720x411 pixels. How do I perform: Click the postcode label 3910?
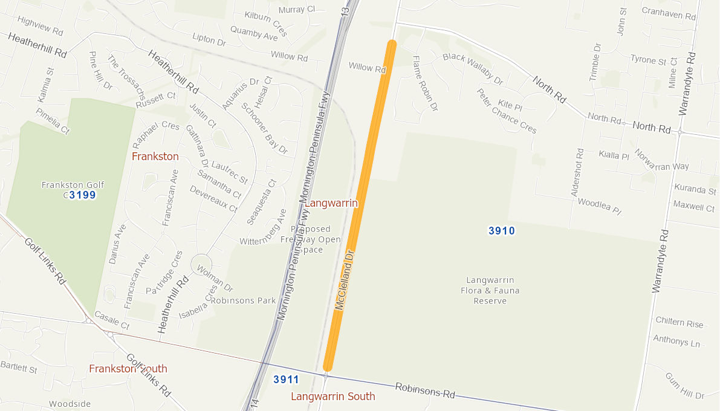pyautogui.click(x=501, y=230)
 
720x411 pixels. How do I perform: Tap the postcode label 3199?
pyautogui.click(x=82, y=195)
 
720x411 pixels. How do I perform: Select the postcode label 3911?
pyautogui.click(x=286, y=380)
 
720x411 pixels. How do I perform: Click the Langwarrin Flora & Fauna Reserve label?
pyautogui.click(x=490, y=290)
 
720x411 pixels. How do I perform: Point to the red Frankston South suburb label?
pyautogui.click(x=128, y=369)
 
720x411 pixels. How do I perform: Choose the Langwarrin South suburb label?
pyautogui.click(x=332, y=396)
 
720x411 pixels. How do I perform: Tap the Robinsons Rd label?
pyautogui.click(x=424, y=390)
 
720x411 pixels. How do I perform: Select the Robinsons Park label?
pyautogui.click(x=244, y=300)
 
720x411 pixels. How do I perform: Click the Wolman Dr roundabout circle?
pyautogui.click(x=201, y=265)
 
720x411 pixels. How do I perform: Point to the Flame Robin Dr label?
pyautogui.click(x=424, y=83)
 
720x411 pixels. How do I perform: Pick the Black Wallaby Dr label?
pyautogui.click(x=473, y=68)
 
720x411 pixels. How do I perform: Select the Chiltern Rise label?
pyautogui.click(x=679, y=324)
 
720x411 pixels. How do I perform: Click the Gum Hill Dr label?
pyautogui.click(x=685, y=386)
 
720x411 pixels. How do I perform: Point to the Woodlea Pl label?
pyautogui.click(x=600, y=206)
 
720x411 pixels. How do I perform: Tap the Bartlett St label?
pyautogui.click(x=19, y=367)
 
